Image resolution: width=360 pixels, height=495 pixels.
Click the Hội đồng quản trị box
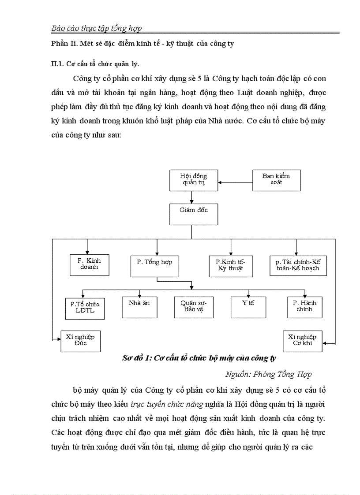point(194,180)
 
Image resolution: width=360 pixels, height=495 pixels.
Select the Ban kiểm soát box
point(277,180)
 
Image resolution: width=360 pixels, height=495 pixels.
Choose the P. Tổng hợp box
point(154,265)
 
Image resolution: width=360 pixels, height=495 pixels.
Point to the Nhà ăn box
point(139,307)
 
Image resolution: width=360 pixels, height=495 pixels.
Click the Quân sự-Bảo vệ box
point(194,307)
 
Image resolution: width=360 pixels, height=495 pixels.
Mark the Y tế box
point(248,307)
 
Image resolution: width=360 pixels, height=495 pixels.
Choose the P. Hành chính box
point(305,307)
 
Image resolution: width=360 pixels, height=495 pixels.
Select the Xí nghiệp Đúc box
point(81,341)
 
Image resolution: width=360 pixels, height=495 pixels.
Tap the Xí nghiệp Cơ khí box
point(303,341)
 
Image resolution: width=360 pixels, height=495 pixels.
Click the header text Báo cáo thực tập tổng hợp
point(97,29)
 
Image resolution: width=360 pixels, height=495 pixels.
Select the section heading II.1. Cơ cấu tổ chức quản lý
point(95,63)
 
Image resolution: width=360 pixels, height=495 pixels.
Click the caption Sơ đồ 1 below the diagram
point(199,358)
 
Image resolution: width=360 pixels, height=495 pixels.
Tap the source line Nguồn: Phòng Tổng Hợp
point(268,374)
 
